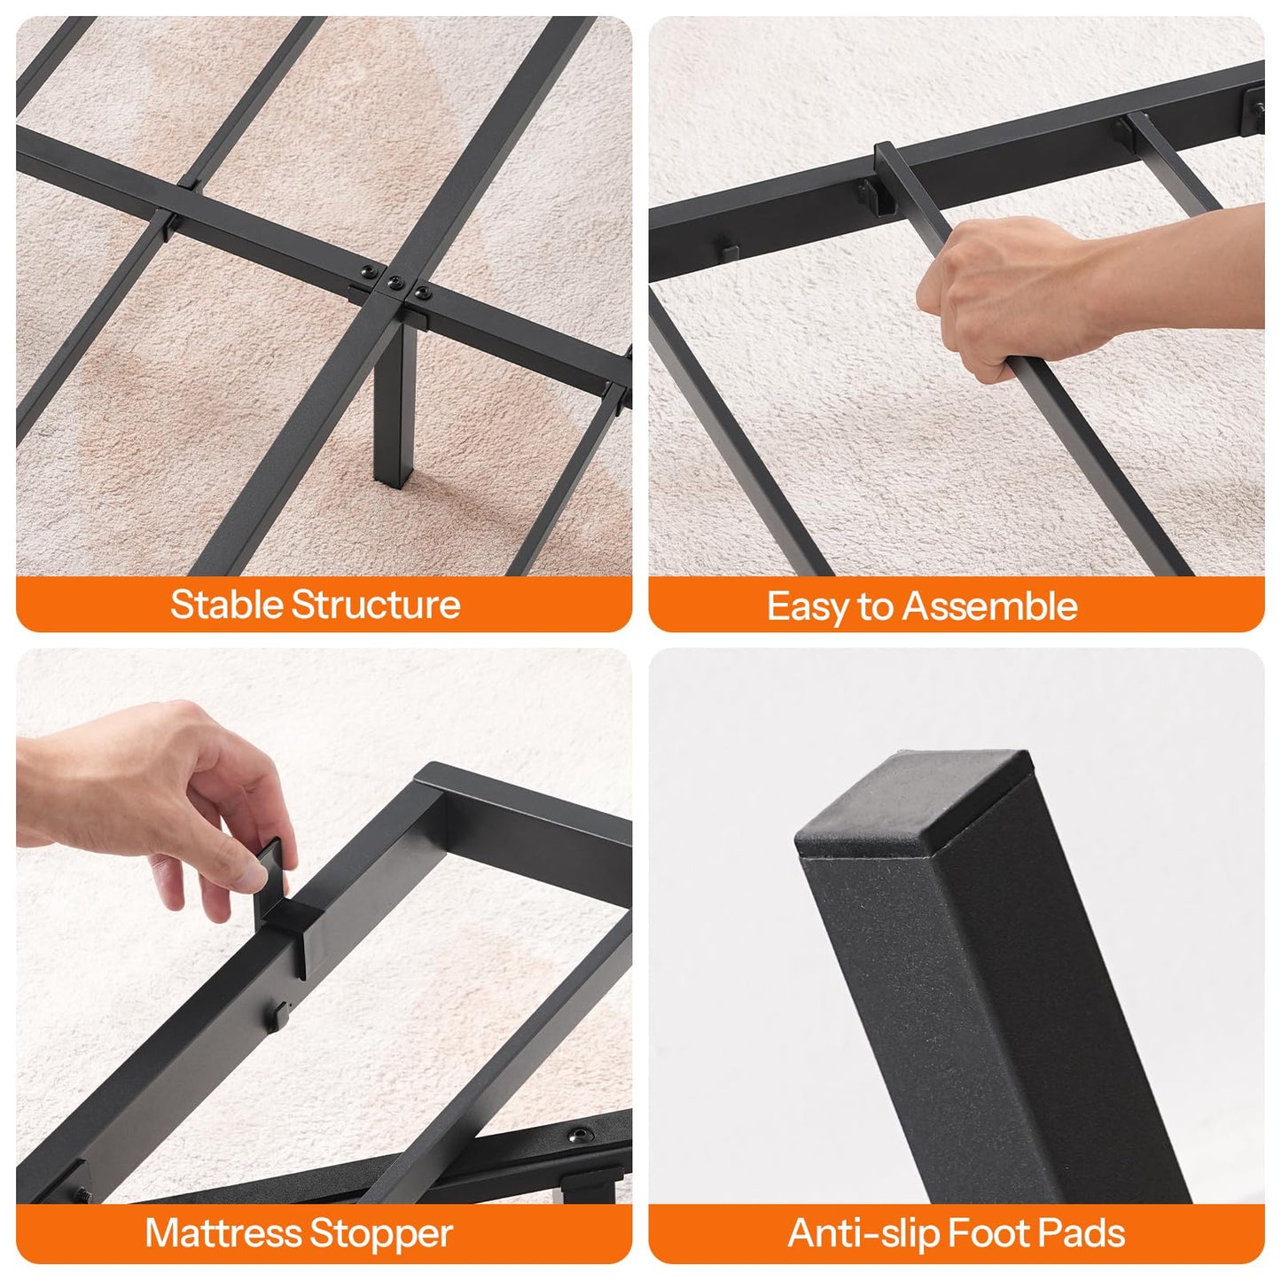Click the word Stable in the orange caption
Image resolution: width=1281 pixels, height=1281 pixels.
228,605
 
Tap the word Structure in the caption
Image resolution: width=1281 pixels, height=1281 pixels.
376,605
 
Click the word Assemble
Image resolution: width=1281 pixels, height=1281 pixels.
989,606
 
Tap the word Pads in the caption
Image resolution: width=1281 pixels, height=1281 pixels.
1081,1233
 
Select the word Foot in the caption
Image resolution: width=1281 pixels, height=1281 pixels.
988,1233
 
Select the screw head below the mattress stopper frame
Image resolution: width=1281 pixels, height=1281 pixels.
581,1135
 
